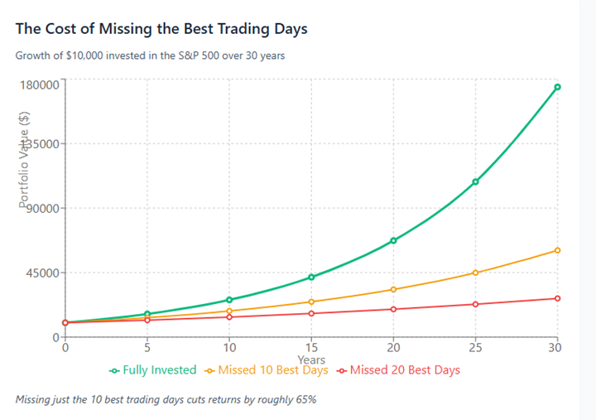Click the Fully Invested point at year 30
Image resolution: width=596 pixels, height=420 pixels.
click(557, 87)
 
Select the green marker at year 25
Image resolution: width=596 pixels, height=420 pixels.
click(475, 181)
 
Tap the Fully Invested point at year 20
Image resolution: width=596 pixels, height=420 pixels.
click(393, 240)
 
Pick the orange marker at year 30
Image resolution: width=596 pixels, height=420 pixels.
click(557, 250)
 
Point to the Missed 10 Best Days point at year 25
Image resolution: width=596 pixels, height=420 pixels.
click(475, 273)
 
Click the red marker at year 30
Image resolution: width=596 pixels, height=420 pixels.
click(557, 298)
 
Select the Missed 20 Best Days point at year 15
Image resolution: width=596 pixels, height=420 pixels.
click(311, 313)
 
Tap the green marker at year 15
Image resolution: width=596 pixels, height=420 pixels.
click(311, 277)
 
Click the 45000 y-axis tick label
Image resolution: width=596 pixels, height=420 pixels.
click(40, 273)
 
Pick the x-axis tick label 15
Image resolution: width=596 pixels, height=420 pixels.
click(311, 347)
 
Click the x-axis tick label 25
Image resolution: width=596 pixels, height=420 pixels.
click(475, 347)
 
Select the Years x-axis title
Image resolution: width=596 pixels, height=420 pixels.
click(311, 360)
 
